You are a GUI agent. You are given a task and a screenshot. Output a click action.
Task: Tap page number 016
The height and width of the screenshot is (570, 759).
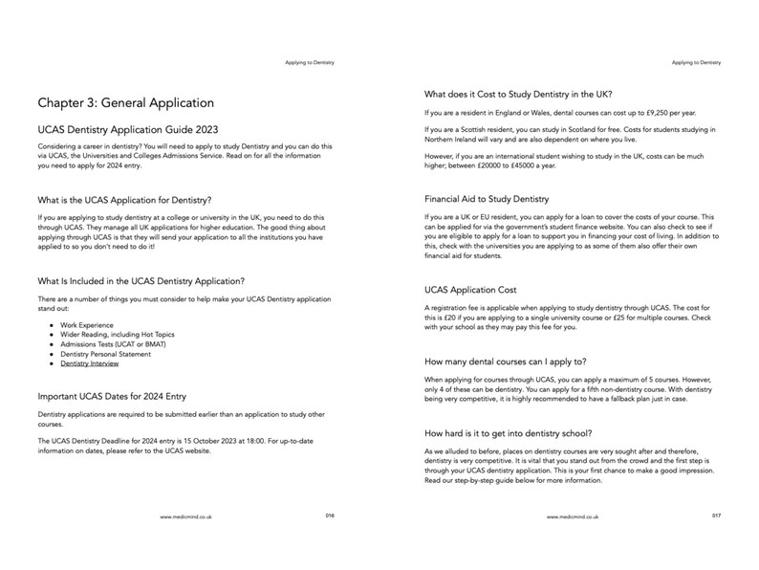330,515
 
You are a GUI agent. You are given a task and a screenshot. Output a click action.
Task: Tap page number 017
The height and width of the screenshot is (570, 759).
716,515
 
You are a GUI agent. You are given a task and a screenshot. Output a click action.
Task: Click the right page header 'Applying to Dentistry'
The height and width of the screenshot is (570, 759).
696,63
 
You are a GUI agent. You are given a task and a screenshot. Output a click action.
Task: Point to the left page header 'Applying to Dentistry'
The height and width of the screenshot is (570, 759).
310,63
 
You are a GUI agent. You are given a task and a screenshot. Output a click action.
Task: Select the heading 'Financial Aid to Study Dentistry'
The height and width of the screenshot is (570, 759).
487,200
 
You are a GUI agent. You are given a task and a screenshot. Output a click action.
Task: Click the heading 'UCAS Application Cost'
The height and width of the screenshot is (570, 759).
469,289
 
